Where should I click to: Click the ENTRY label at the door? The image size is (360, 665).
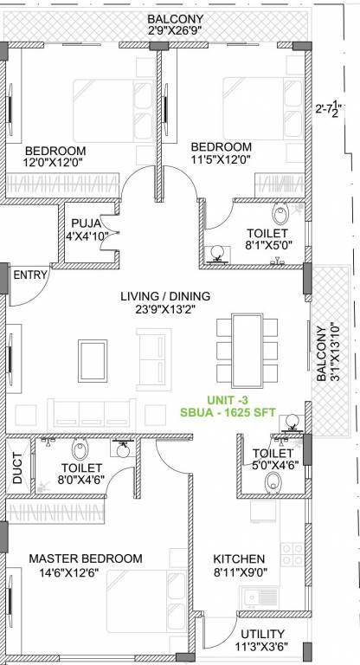tap(31, 274)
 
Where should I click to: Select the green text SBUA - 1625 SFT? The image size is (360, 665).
tap(228, 412)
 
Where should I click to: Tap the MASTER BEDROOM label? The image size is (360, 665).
tap(85, 558)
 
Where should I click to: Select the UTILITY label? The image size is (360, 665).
tap(263, 634)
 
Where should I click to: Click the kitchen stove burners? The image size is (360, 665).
tap(292, 555)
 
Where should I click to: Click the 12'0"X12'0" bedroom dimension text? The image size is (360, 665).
tap(56, 160)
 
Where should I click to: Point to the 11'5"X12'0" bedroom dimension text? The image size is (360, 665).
tap(222, 160)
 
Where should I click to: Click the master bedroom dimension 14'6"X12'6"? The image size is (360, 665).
tap(85, 573)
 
